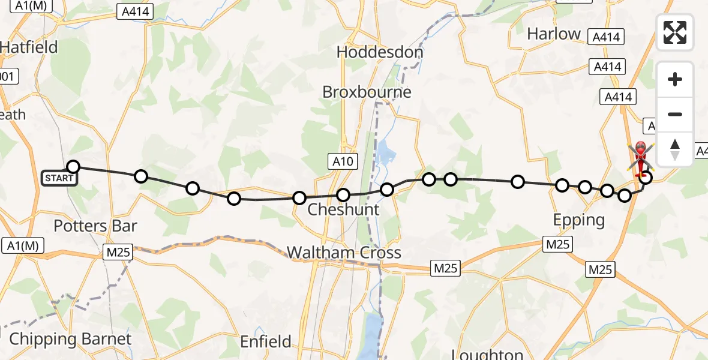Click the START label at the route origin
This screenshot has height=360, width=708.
pyautogui.click(x=59, y=178)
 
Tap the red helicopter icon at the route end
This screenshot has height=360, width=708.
pyautogui.click(x=640, y=156)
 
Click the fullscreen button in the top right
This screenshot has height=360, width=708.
pyautogui.click(x=675, y=32)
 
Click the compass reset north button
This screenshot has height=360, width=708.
pyautogui.click(x=675, y=149)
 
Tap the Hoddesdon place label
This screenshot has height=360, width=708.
pyautogui.click(x=380, y=52)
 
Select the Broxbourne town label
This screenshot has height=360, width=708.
pyautogui.click(x=367, y=92)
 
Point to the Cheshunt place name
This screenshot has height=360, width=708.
pyautogui.click(x=343, y=209)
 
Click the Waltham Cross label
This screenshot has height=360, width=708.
pyautogui.click(x=344, y=253)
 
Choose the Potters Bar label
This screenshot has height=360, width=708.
pyautogui.click(x=95, y=226)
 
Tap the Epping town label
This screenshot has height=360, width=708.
pyautogui.click(x=578, y=220)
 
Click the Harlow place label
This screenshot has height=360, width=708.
pyautogui.click(x=554, y=34)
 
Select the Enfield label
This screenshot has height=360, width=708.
pyautogui.click(x=265, y=342)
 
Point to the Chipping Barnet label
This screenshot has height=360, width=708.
pyautogui.click(x=70, y=339)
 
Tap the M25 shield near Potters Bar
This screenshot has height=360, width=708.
pyautogui.click(x=117, y=253)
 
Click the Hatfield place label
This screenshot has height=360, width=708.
pyautogui.click(x=29, y=47)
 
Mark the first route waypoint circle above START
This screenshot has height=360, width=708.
pyautogui.click(x=73, y=167)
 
